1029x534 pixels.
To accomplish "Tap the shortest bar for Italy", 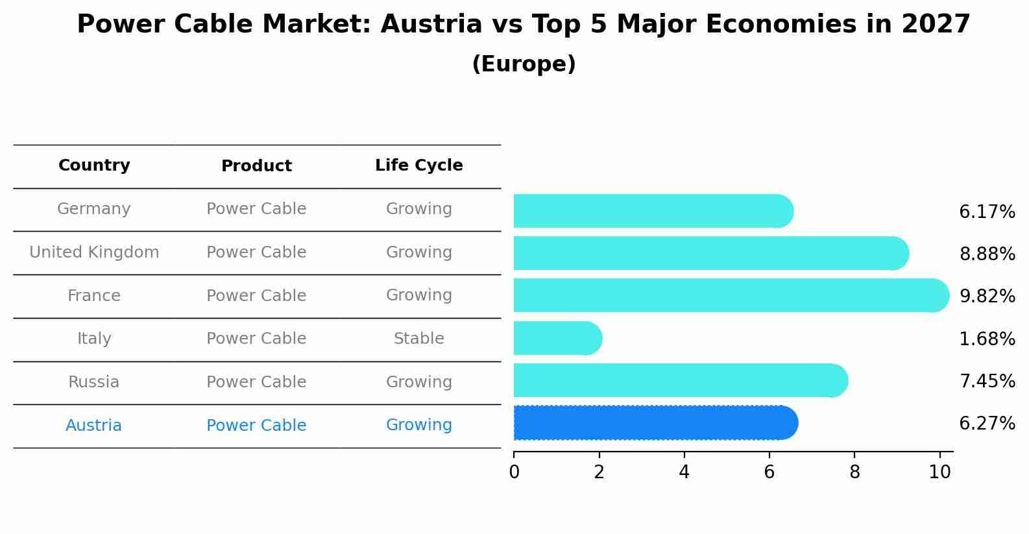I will [x=557, y=338].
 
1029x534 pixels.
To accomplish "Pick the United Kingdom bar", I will [x=710, y=253].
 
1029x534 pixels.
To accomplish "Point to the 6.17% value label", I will [x=987, y=212].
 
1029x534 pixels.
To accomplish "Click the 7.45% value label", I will [x=987, y=382].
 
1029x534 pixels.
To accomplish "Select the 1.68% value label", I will [x=987, y=339].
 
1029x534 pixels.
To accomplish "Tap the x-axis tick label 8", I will [x=854, y=472].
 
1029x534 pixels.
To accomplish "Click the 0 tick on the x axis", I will [x=514, y=472].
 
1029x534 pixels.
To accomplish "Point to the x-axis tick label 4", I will [x=684, y=472].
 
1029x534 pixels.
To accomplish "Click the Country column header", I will [x=94, y=165].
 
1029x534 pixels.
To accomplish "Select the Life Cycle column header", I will [x=419, y=165].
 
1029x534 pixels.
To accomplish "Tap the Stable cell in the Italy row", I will [x=419, y=339].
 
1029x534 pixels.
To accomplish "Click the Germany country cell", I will [x=94, y=209].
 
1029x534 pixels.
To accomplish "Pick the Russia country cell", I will [x=94, y=382].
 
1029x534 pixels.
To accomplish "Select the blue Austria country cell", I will [x=94, y=426].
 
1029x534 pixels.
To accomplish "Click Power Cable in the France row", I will [x=256, y=296].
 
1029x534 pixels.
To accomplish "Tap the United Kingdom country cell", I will [x=94, y=252].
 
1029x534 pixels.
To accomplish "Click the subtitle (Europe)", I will [x=524, y=64].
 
